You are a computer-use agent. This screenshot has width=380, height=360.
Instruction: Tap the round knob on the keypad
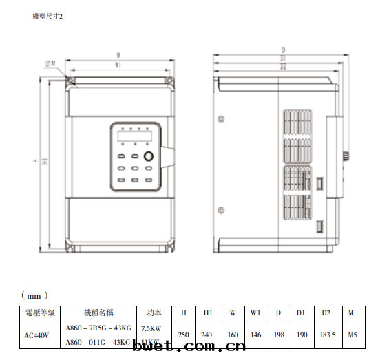tap(148, 156)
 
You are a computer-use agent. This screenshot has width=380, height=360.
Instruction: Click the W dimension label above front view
tap(119, 54)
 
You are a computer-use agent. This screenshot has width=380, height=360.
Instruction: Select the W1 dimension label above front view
tap(118, 65)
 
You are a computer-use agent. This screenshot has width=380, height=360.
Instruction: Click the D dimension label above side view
tap(283, 50)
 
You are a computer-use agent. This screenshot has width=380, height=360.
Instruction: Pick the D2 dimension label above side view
tap(283, 67)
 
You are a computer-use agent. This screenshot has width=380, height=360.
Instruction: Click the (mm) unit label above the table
tap(34, 295)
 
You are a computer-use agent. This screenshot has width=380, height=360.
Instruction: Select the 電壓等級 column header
tap(39, 313)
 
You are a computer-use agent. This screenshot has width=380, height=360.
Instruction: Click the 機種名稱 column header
tap(98, 313)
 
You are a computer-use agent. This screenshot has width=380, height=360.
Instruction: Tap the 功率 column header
tap(151, 313)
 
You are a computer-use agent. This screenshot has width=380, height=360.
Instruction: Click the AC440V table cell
tap(39, 335)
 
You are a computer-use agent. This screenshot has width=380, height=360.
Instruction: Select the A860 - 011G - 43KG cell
tap(98, 342)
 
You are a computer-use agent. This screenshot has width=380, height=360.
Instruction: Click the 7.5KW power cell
tap(151, 328)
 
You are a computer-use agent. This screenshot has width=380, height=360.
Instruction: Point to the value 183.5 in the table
tap(326, 335)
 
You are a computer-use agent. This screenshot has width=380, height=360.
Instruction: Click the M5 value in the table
tap(352, 335)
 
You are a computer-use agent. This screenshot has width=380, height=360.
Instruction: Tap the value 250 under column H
tap(183, 335)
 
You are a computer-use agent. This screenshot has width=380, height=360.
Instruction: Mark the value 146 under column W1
tap(255, 335)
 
